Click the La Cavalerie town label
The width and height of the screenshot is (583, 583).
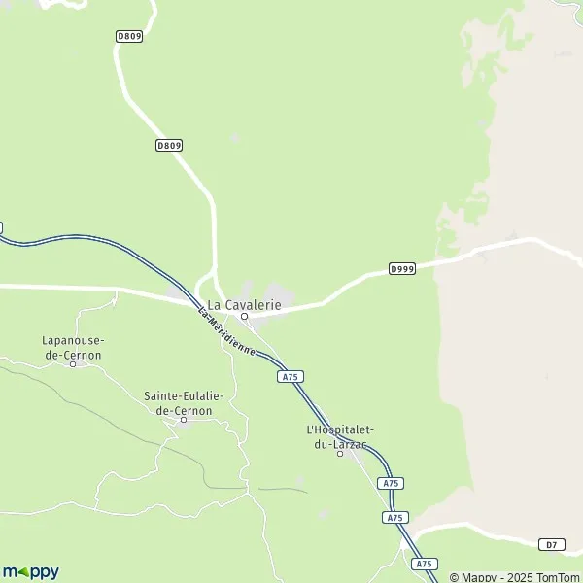coord(245,304)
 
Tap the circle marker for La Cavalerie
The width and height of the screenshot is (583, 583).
coord(245,316)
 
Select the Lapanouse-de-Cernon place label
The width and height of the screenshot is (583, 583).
coord(73,348)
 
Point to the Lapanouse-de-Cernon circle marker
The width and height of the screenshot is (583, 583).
coord(73,364)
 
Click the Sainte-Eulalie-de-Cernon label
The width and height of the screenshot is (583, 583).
coord(184,403)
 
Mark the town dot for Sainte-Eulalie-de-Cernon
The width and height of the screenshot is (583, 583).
coord(184,420)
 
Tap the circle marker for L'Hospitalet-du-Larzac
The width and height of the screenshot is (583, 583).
coord(340,453)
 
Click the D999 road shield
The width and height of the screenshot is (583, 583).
coord(401,267)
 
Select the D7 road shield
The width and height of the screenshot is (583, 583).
coord(551,544)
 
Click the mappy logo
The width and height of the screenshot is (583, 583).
coord(30,571)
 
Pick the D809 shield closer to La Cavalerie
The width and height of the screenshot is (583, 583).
coord(169,145)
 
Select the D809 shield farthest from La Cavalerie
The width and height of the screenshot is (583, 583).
coord(128,36)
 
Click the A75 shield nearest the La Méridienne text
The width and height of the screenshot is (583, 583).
coord(289,375)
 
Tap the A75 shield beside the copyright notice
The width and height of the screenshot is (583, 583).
coord(423,564)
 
